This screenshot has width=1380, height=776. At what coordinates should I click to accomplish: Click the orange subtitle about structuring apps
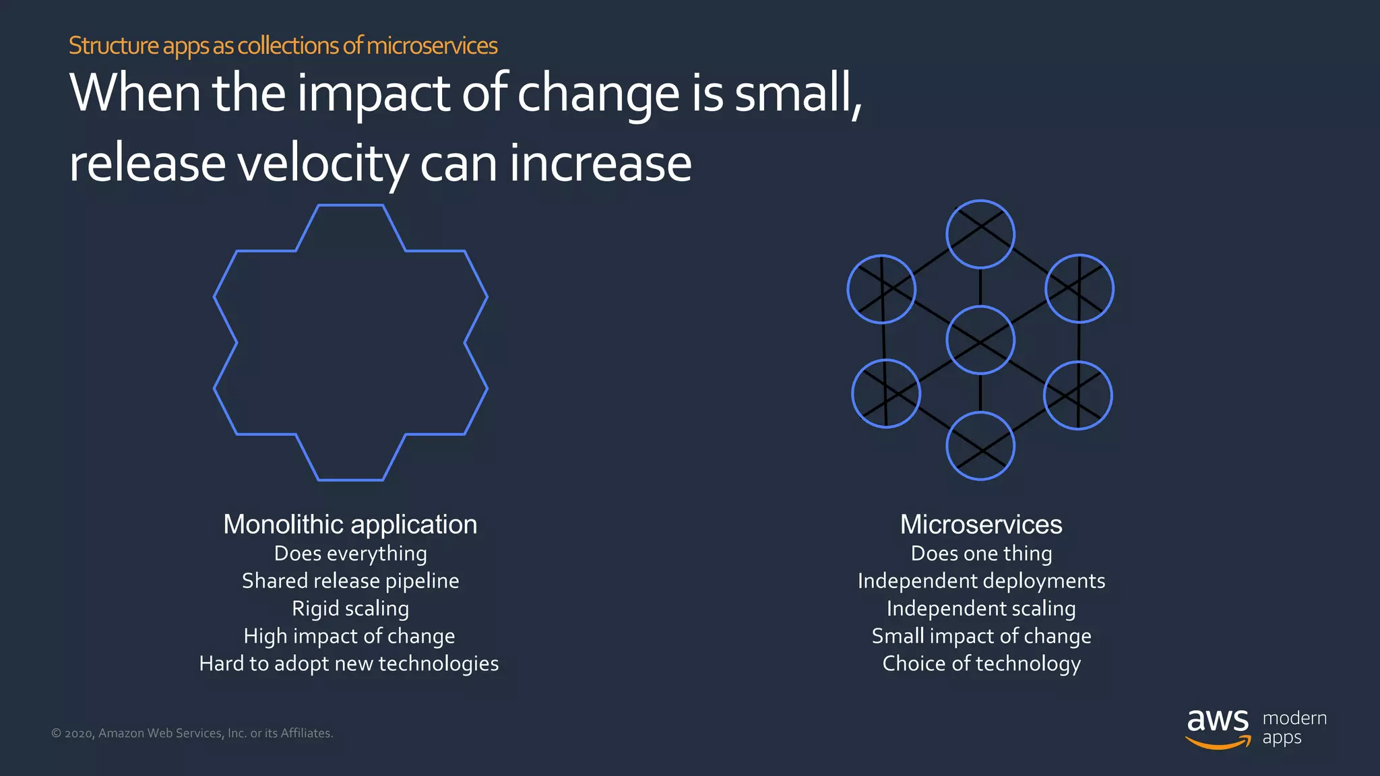(283, 46)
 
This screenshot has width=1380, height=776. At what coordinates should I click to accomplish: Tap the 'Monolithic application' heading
(350, 524)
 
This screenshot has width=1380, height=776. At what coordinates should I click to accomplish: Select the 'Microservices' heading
(981, 524)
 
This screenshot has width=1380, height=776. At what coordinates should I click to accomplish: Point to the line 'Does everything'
(350, 554)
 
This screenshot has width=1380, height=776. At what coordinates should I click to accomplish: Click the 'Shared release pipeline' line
(350, 581)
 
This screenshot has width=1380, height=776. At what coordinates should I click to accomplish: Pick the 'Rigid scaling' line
(350, 608)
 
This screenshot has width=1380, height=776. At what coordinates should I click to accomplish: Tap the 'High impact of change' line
(349, 636)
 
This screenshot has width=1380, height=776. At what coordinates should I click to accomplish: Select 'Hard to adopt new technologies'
(349, 664)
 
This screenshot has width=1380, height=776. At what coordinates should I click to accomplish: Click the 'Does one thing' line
(981, 554)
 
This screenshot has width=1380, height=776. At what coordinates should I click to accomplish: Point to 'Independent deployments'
(981, 581)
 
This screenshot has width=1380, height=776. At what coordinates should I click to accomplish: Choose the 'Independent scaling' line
(981, 608)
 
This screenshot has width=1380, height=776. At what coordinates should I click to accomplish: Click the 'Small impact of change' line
(981, 636)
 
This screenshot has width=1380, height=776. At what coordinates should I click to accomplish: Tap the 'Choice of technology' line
(981, 664)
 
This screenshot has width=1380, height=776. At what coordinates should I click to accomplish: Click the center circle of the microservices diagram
(980, 340)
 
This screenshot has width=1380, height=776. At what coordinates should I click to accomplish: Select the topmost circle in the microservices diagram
(980, 234)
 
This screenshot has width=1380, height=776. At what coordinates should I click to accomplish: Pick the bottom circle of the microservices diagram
(980, 446)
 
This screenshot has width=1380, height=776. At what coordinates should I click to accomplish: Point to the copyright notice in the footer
(192, 733)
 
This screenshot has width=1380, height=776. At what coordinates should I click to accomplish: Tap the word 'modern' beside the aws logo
(1294, 718)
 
